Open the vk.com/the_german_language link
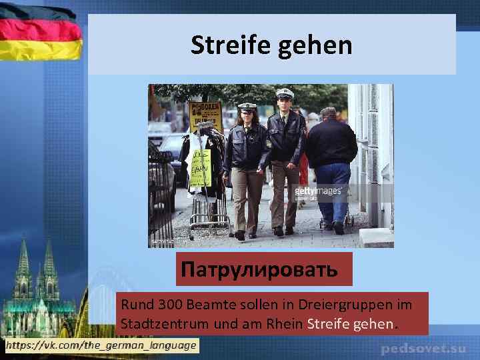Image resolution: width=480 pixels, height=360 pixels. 101,345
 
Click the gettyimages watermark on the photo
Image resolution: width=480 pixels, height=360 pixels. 319,191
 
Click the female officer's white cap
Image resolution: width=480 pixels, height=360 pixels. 247,106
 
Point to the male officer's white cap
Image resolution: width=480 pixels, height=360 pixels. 285,93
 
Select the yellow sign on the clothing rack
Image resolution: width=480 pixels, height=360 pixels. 200,167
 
